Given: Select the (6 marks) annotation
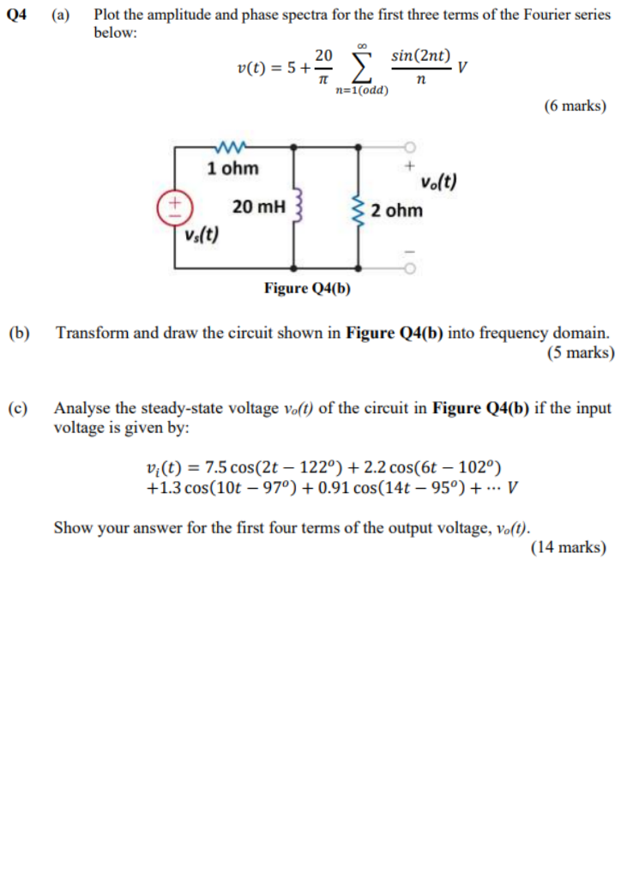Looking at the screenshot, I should click(x=574, y=106).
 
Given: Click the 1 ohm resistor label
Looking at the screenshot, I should click(x=232, y=168).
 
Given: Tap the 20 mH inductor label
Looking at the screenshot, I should click(x=258, y=206).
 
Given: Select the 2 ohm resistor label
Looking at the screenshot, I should click(x=397, y=210).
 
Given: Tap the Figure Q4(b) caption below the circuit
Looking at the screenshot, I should click(x=307, y=288).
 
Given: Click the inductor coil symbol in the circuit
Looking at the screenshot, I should click(x=298, y=207).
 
